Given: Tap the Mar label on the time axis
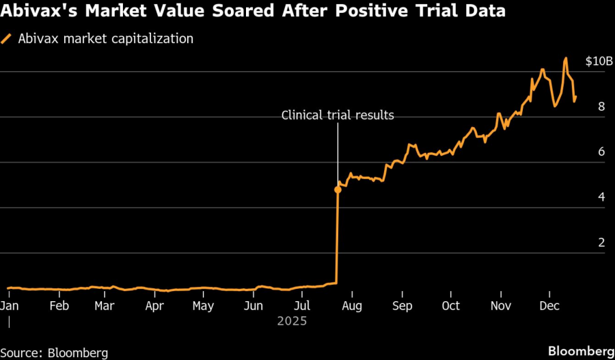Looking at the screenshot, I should coord(104,306).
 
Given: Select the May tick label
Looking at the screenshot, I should coord(203,306).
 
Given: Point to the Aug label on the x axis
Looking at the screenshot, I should coord(353,306).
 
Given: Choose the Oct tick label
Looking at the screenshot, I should coord(450,306).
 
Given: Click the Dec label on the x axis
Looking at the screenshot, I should coord(550,306).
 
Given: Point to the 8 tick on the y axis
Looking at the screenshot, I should coord(601,107).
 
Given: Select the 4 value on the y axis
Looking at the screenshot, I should coord(601,197).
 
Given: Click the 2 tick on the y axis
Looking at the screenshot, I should coord(601,243).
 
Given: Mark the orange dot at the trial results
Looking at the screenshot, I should coord(338,189).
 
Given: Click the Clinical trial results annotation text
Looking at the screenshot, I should coord(338,115).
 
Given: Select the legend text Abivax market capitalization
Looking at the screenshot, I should coord(105,39).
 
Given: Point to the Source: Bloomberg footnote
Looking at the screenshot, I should coord(55,352).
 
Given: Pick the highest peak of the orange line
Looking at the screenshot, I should coord(566,59).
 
